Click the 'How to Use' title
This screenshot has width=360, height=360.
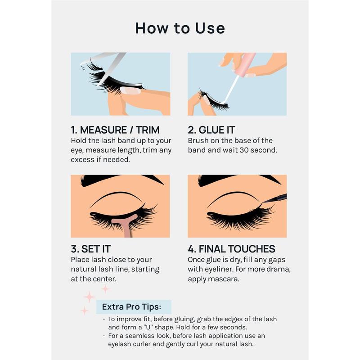click(180, 28)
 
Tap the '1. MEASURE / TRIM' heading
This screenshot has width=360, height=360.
click(115, 130)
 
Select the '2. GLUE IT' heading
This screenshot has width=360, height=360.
click(211, 130)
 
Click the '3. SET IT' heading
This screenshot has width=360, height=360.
click(91, 249)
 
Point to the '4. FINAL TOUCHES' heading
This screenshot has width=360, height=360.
click(231, 249)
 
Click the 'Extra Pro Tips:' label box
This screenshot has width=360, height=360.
click(134, 307)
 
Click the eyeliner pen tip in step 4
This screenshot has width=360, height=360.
click(265, 202)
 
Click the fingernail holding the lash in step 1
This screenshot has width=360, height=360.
click(130, 90)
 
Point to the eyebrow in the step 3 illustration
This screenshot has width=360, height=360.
click(121, 180)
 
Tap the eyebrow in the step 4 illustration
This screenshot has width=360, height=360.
click(239, 180)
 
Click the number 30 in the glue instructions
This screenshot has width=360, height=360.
click(244, 150)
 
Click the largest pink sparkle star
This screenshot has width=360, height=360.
click(89, 297)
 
